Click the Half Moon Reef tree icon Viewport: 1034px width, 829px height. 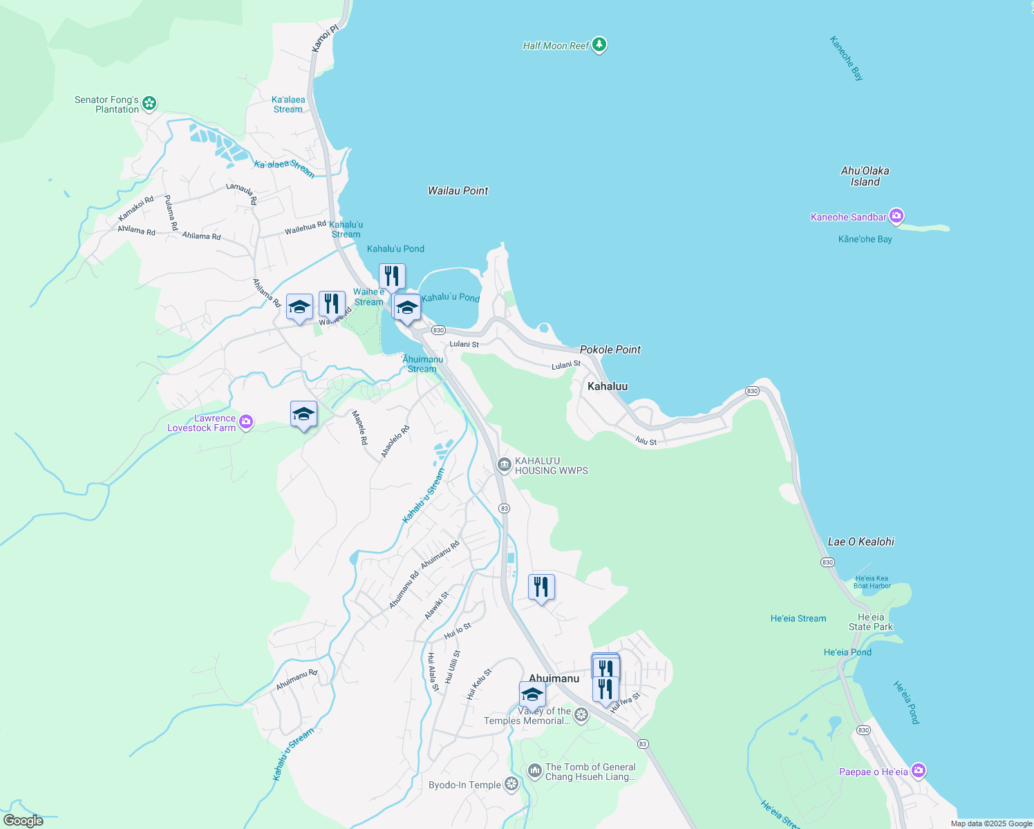[x=599, y=45]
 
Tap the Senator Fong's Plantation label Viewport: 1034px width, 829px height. [x=107, y=104]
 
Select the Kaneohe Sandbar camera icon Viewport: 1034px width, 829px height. [x=896, y=216]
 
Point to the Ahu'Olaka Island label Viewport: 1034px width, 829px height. [x=865, y=176]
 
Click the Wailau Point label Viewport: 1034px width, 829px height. [x=458, y=191]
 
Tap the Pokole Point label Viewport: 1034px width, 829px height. [x=610, y=350]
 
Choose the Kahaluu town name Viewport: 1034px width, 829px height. [x=608, y=386]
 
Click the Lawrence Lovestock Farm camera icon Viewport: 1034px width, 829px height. [x=245, y=421]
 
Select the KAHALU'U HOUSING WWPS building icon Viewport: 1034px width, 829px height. [x=504, y=465]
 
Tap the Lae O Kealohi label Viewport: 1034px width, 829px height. [x=861, y=542]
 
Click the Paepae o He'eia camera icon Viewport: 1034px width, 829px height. [x=918, y=770]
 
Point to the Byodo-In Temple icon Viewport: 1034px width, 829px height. [x=511, y=783]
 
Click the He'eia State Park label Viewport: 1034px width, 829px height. [x=870, y=622]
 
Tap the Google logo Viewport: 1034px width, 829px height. [x=23, y=821]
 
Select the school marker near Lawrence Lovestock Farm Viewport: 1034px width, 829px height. [x=303, y=414]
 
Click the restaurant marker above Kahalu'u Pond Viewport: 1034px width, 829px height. [x=392, y=276]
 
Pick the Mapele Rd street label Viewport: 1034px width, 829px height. [x=359, y=428]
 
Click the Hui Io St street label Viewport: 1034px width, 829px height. [x=457, y=630]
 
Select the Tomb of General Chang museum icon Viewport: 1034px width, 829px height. [x=534, y=771]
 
